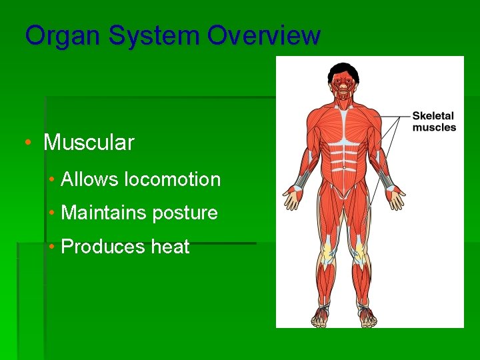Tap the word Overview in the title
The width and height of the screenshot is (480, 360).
263,35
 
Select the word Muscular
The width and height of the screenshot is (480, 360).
89,142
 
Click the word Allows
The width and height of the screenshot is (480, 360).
90,179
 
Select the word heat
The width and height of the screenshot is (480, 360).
171,247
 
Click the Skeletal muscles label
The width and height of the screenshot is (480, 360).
434,121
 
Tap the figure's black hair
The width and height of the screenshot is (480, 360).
343,68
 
